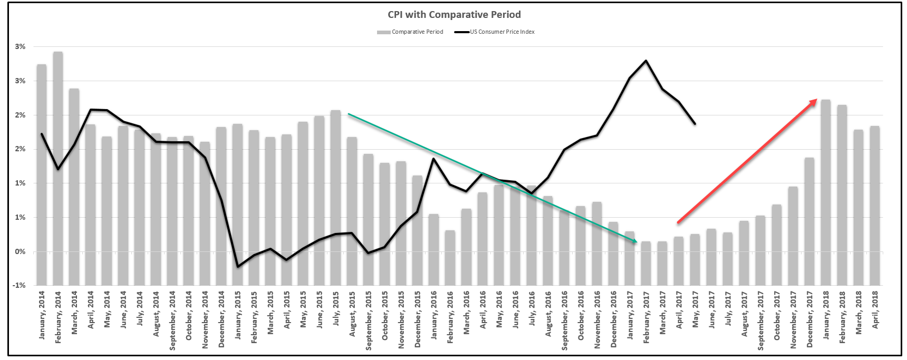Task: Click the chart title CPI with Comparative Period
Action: click(x=454, y=15)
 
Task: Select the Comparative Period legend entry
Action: click(x=410, y=32)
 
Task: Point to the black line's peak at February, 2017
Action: click(x=646, y=61)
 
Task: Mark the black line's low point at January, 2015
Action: click(x=238, y=267)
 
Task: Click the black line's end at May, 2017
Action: click(x=695, y=124)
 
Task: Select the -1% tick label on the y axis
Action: click(x=20, y=285)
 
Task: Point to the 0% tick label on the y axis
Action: click(x=20, y=251)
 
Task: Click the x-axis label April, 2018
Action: click(x=875, y=310)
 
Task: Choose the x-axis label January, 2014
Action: click(x=42, y=314)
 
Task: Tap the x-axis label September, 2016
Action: click(x=565, y=320)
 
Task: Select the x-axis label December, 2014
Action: click(x=221, y=318)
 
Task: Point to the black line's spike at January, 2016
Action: click(x=433, y=159)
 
